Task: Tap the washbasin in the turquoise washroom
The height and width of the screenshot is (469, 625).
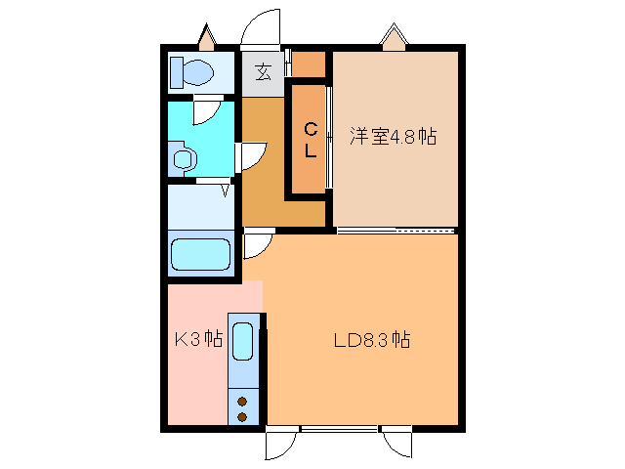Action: (182, 158)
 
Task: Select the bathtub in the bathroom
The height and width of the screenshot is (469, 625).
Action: (201, 255)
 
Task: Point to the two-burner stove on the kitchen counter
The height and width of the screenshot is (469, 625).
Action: (243, 408)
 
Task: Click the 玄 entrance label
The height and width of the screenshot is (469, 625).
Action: (264, 71)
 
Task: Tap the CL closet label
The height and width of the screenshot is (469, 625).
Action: (309, 139)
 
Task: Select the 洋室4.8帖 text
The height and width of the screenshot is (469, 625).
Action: (392, 137)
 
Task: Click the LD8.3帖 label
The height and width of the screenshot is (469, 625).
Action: (371, 341)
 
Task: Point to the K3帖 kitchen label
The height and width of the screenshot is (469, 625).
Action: (198, 340)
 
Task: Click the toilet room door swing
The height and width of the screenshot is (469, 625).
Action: (207, 110)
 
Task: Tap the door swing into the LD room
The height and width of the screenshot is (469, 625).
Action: (256, 245)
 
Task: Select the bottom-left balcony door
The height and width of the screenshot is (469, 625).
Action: (279, 444)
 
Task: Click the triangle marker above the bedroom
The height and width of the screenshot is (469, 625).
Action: (395, 37)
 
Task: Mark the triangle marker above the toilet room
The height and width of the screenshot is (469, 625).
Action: (207, 38)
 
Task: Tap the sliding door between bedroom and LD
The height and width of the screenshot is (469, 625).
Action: (396, 231)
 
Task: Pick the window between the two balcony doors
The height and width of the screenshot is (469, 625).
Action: (339, 429)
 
